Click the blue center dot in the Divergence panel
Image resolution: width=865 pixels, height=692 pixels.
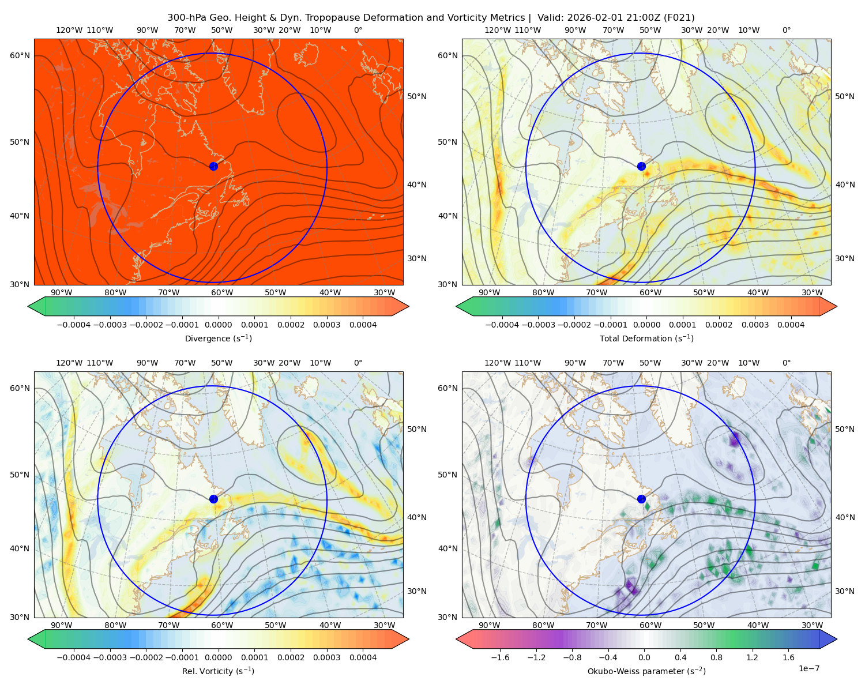tap(213, 166)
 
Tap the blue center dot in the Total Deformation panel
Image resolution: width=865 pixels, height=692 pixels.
tap(641, 166)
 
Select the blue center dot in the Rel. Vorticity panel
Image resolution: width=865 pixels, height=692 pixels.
tap(213, 499)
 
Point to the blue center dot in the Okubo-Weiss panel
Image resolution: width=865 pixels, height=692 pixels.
tap(641, 499)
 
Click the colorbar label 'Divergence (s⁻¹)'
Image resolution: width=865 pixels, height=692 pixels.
tap(218, 338)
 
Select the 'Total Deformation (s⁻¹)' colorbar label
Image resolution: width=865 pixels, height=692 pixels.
tap(646, 338)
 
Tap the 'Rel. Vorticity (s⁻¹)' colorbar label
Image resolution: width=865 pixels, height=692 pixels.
tap(218, 671)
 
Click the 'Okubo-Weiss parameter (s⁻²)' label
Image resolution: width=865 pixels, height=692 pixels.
tap(646, 671)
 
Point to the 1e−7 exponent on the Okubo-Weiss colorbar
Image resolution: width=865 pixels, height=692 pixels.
tap(808, 668)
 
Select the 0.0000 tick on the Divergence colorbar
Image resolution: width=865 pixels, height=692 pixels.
tap(218, 325)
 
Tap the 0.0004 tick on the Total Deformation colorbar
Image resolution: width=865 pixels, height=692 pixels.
tap(791, 325)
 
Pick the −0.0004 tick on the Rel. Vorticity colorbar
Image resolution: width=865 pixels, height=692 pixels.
tap(74, 657)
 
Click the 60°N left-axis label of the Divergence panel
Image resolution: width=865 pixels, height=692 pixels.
tap(20, 55)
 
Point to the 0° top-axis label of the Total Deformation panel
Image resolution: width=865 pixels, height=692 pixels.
tap(786, 30)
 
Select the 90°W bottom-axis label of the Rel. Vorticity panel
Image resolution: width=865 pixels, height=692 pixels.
tap(62, 625)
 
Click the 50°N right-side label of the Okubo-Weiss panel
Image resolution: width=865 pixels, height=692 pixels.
tap(844, 429)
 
